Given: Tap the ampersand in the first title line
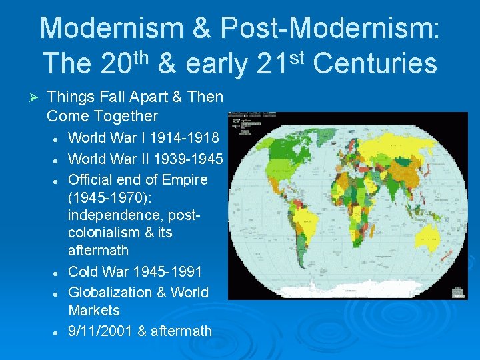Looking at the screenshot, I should pyautogui.click(x=201, y=28).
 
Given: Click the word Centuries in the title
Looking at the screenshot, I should pyautogui.click(x=375, y=64).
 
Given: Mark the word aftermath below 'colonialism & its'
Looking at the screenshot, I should pyautogui.click(x=98, y=251).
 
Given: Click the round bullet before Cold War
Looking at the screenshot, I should pyautogui.click(x=58, y=272).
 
